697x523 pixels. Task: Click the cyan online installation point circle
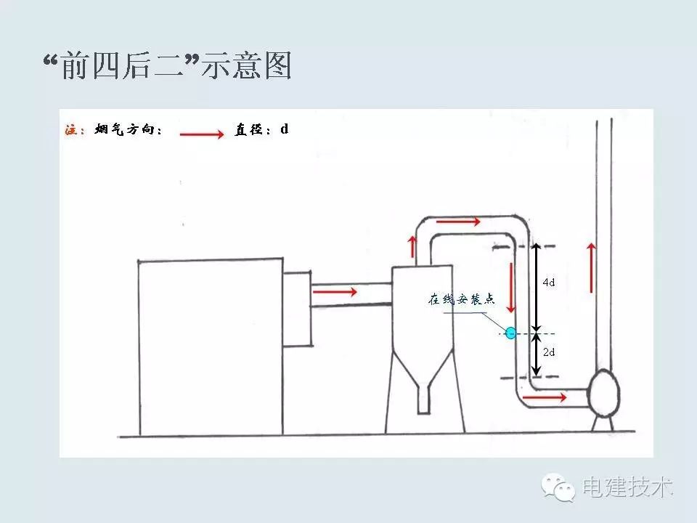(x=510, y=333)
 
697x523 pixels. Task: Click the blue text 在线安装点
(x=460, y=299)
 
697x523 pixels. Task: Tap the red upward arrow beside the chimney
(x=592, y=267)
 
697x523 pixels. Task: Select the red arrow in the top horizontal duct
(x=459, y=220)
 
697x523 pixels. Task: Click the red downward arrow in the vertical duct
(x=513, y=287)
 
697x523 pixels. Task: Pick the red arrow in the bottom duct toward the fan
(x=545, y=397)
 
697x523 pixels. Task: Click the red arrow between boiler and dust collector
(x=335, y=292)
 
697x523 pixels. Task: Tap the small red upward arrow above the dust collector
(x=413, y=246)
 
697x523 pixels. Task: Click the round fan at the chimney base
(x=603, y=392)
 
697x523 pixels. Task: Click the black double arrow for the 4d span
(x=536, y=287)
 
